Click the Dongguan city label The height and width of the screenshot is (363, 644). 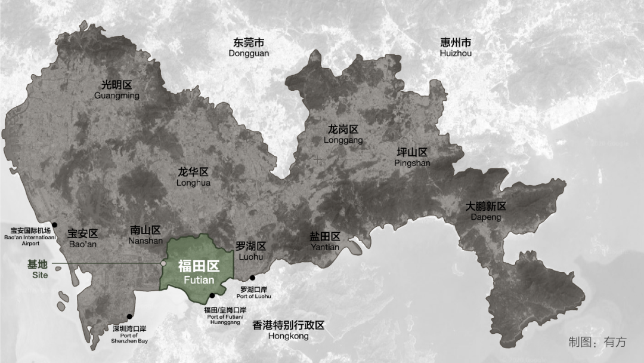click(249, 48)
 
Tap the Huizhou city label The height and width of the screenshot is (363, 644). click(456, 48)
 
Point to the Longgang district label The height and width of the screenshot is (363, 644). click(343, 134)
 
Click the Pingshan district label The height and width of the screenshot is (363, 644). click(413, 157)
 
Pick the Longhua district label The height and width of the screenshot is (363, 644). click(193, 177)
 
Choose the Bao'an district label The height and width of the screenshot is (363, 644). click(82, 239)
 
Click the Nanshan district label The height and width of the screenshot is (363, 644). click(145, 235)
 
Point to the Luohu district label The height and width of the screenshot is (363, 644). click(250, 251)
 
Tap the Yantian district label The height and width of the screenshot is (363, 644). click(324, 242)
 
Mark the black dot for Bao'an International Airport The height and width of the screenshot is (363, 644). click(54, 224)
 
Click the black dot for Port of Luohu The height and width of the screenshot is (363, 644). click(253, 277)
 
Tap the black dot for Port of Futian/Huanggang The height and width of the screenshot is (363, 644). click(212, 296)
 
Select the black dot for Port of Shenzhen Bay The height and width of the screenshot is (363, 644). click(129, 316)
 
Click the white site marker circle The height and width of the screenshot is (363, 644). click(163, 263)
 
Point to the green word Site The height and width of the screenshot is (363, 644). click(40, 275)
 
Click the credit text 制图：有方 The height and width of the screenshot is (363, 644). click(597, 342)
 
